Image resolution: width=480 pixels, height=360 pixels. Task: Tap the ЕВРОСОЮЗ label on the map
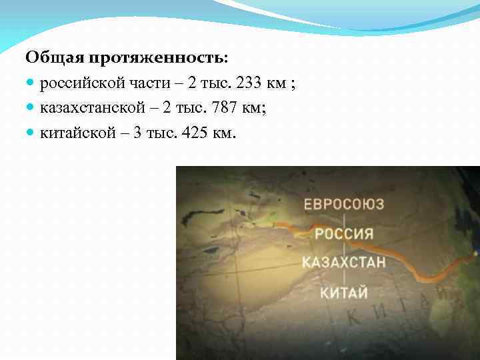(x=344, y=204)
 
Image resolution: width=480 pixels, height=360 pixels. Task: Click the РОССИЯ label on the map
(x=343, y=233)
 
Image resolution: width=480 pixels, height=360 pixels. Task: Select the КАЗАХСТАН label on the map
(x=343, y=262)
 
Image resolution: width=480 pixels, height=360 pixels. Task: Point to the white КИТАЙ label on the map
(x=343, y=291)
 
